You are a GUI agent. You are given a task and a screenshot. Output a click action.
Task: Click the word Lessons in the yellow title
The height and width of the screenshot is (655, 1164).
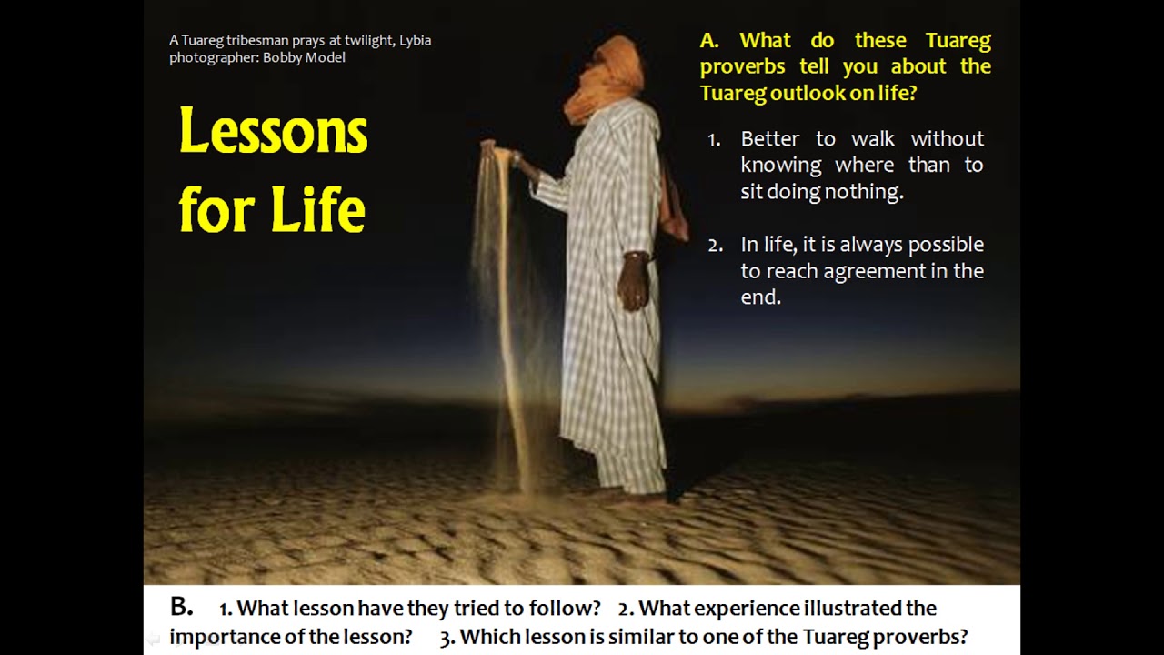point(273,132)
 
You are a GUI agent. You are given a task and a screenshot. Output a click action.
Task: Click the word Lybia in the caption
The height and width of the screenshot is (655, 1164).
point(415,40)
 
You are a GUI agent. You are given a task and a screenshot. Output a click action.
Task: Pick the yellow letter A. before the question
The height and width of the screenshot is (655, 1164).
point(709,40)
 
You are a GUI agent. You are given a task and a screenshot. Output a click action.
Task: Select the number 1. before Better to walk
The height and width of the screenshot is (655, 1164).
point(714,139)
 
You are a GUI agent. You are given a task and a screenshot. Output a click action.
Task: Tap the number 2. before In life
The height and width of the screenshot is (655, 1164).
point(715,245)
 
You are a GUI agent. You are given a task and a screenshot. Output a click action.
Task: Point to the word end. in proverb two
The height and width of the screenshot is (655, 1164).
point(760,297)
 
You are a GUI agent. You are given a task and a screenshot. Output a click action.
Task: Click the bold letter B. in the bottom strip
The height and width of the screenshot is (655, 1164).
point(181,607)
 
